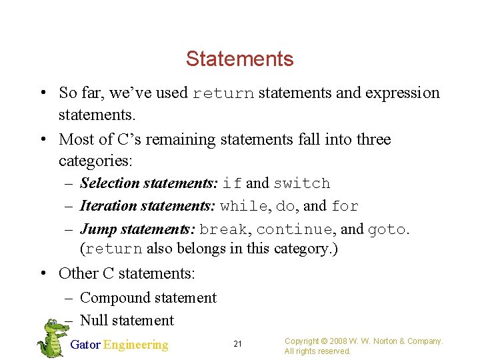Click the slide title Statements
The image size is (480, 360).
pos(239,59)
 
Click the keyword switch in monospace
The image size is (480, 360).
pos(301,183)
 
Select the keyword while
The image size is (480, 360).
pos(243,207)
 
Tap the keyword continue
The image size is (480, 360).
pos(294,230)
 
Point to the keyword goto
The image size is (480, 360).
pos(387,230)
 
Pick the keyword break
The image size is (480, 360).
pos(223,230)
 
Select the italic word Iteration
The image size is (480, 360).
pos(107,207)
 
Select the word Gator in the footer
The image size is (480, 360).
pos(85,345)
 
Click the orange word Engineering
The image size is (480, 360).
pos(136,345)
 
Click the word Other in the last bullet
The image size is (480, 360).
pos(78,273)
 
